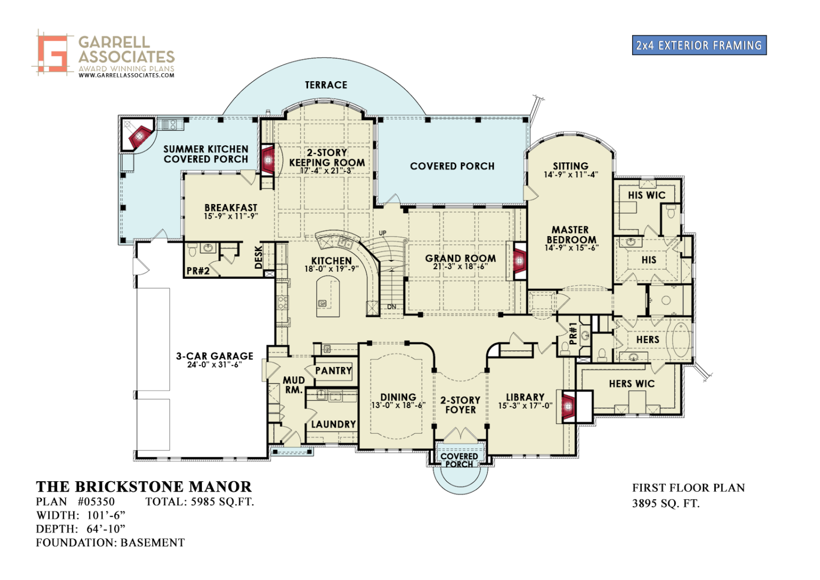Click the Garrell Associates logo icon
pos(53,53)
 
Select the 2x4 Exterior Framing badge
pos(699,45)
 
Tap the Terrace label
pos(326,85)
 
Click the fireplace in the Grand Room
pos(518,261)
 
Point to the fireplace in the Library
pos(568,406)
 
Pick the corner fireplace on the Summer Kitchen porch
pos(139,137)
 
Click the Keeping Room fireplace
pos(268,159)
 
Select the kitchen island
pos(328,297)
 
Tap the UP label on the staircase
pos(382,233)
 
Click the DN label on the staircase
pos(392,307)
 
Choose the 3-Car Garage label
pos(215,356)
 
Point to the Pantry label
pos(333,371)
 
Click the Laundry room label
pos(333,424)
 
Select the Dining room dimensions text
pos(398,405)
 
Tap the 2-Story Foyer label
pos(460,405)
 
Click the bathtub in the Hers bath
pos(680,339)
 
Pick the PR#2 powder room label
pos(198,271)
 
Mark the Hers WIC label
pos(631,383)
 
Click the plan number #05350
pos(96,501)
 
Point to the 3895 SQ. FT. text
pos(665,503)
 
